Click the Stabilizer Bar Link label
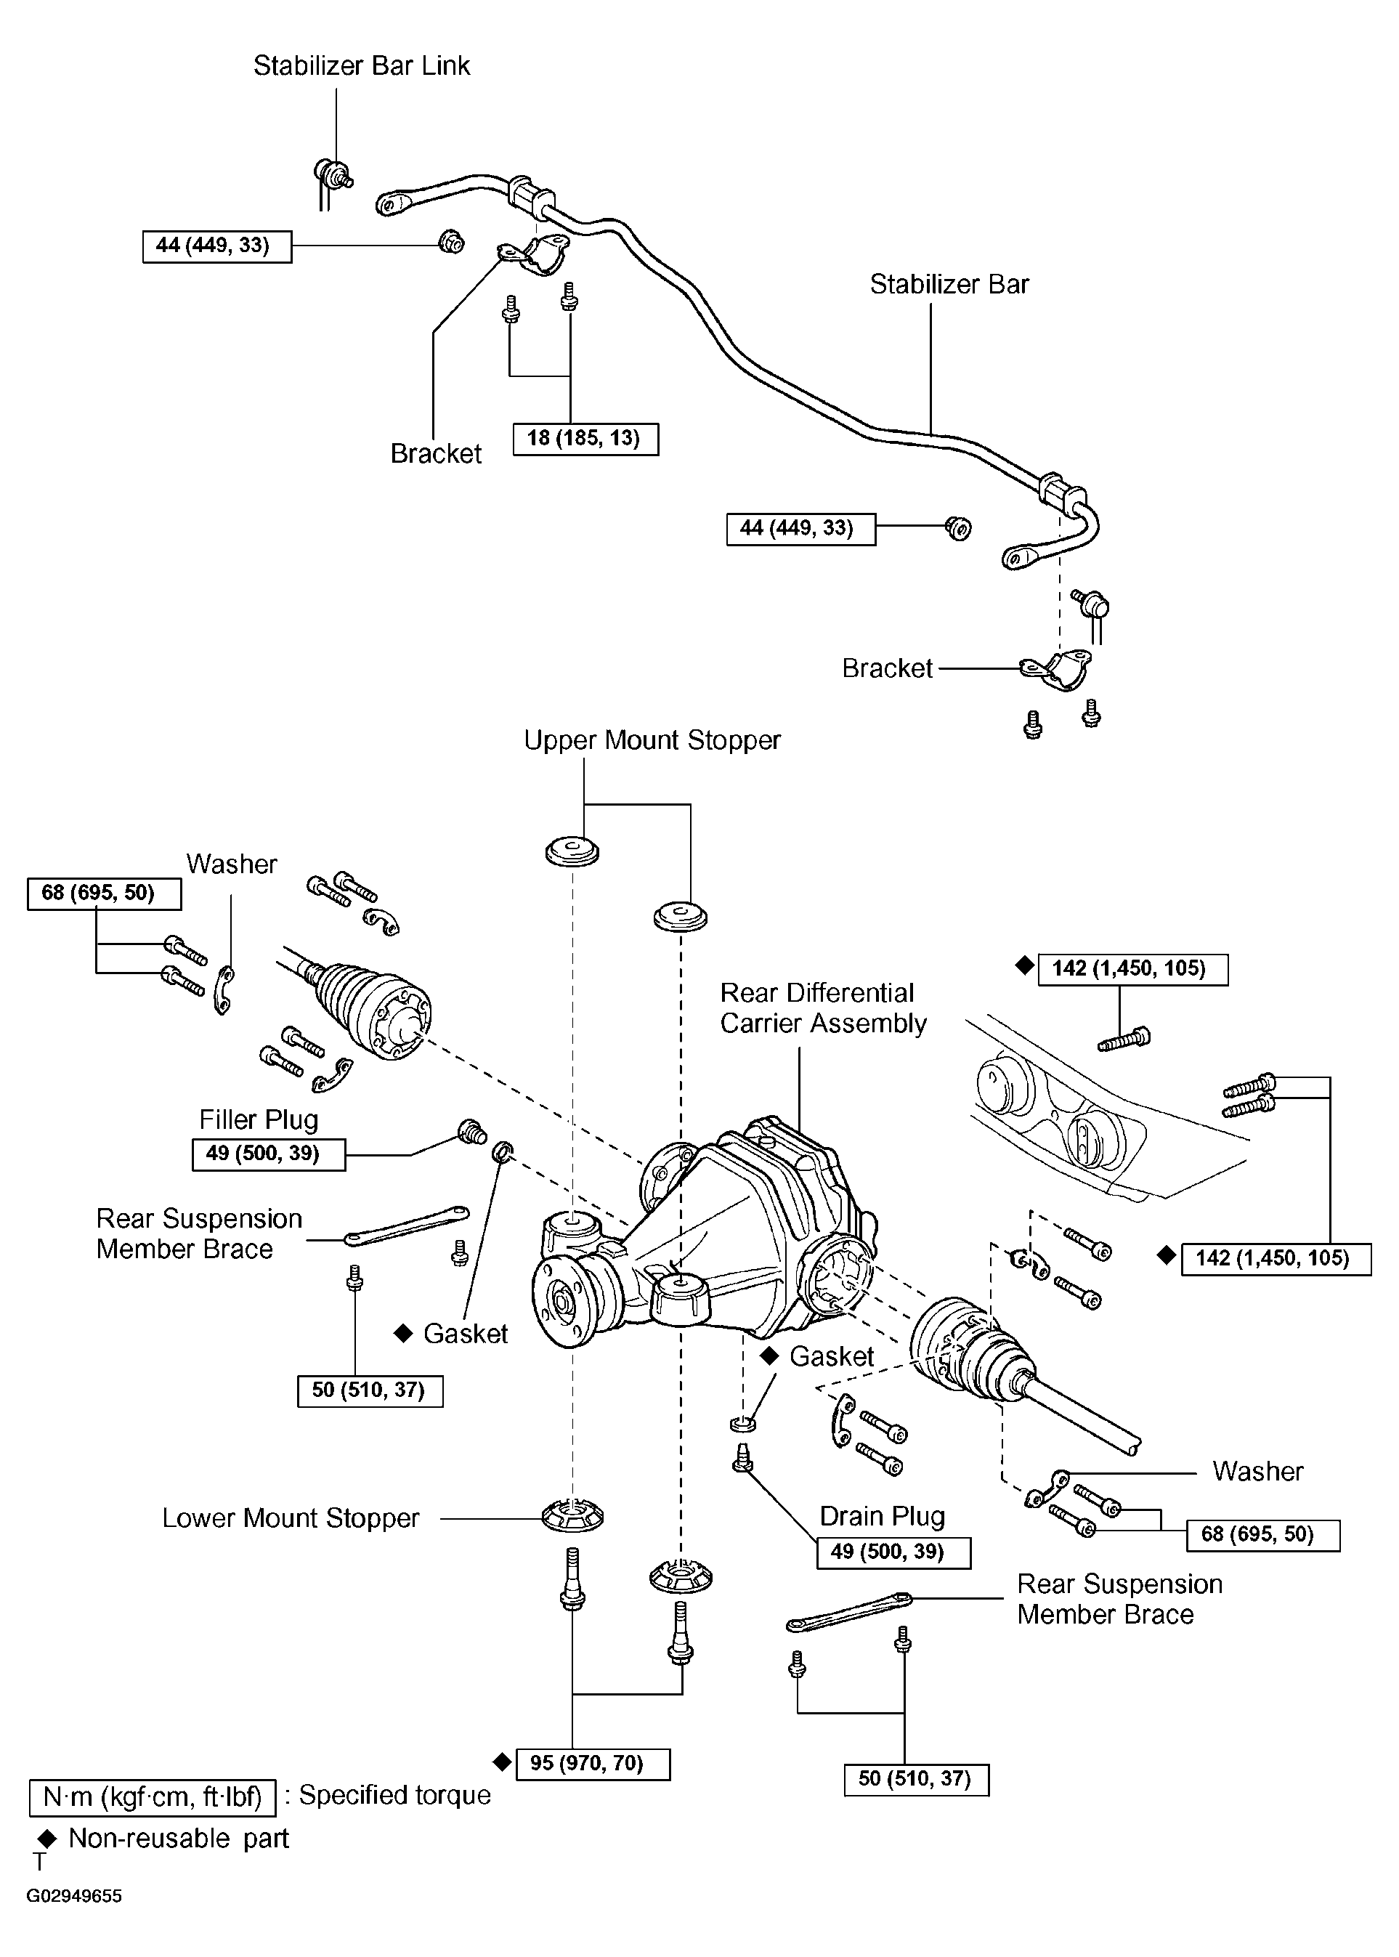coord(362,66)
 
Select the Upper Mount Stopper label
coord(652,741)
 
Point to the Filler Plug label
coord(259,1119)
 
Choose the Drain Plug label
coord(882,1516)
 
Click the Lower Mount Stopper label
coord(291,1518)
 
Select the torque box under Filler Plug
coord(269,1154)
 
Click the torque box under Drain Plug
coord(893,1552)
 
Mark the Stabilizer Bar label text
coord(949,284)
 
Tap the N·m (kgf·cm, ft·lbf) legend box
coord(153,1798)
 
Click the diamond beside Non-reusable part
coord(48,1840)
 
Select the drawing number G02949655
coord(74,1896)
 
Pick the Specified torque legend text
coord(394,1795)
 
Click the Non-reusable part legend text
coord(178,1839)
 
